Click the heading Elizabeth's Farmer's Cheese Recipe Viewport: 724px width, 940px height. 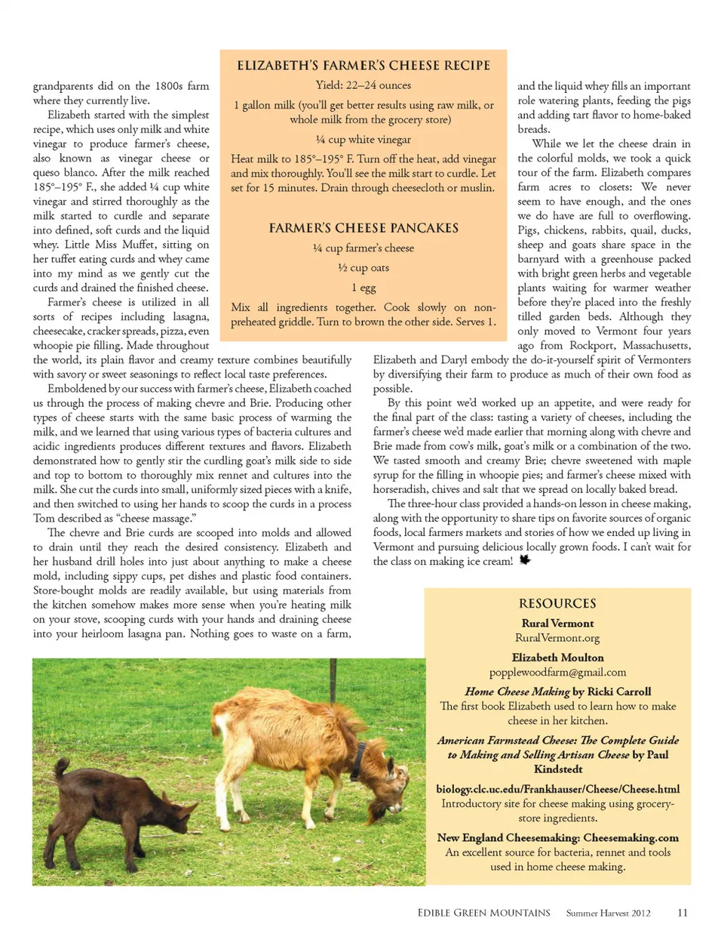pyautogui.click(x=364, y=66)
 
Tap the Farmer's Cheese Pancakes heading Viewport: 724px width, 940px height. pyautogui.click(x=364, y=228)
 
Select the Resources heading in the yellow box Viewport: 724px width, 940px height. pyautogui.click(x=557, y=603)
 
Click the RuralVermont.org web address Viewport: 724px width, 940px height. pyautogui.click(x=557, y=638)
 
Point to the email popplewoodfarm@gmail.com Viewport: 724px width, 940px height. pyautogui.click(x=557, y=672)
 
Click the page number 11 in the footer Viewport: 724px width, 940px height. pyautogui.click(x=683, y=913)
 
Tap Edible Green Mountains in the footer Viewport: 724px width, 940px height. pyautogui.click(x=483, y=913)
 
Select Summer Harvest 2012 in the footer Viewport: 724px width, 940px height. pyautogui.click(x=608, y=913)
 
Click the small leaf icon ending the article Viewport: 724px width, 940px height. pyautogui.click(x=525, y=560)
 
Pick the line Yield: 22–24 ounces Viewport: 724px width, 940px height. pyautogui.click(x=364, y=85)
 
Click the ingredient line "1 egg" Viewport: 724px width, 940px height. pyautogui.click(x=364, y=288)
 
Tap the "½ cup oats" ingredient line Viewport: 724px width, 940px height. pyautogui.click(x=364, y=268)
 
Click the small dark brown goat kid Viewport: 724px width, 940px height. pyautogui.click(x=121, y=808)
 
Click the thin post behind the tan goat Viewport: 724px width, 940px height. pyautogui.click(x=330, y=683)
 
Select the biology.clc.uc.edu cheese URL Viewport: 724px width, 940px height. pyautogui.click(x=557, y=789)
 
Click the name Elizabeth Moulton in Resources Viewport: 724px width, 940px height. pyautogui.click(x=557, y=658)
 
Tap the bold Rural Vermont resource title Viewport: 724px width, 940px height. pyautogui.click(x=557, y=624)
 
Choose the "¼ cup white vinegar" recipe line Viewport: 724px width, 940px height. pyautogui.click(x=364, y=140)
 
